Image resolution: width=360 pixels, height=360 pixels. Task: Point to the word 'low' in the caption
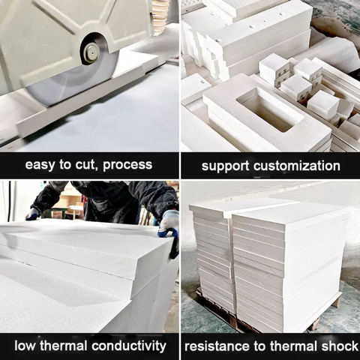(x=25, y=346)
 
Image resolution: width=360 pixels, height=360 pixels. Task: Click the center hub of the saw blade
(x=91, y=52)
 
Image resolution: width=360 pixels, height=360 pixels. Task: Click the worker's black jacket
(x=112, y=199)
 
